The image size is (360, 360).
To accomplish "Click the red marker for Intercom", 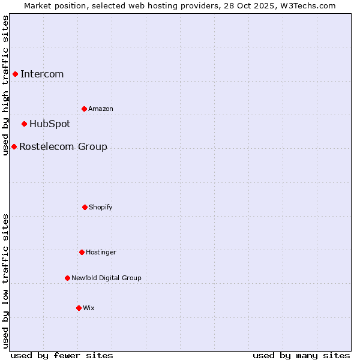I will click(15, 74).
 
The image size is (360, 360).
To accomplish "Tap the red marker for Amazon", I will click(84, 109).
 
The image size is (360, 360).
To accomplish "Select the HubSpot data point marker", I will click(24, 124).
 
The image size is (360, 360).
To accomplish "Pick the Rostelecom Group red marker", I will click(14, 146).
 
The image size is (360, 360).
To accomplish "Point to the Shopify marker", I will click(85, 207).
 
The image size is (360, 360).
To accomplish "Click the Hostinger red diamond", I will click(82, 252).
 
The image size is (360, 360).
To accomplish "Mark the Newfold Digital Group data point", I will click(67, 278).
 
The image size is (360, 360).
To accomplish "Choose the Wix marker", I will click(79, 308).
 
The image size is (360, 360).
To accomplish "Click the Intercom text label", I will click(42, 74).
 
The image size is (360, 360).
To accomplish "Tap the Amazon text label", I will click(101, 109).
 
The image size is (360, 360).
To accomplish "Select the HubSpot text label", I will click(50, 124).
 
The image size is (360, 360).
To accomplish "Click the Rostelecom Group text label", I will click(63, 147).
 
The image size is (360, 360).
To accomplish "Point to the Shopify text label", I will click(101, 207).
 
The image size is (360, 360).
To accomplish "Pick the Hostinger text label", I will click(101, 252).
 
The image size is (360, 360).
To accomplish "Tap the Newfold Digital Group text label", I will click(106, 278).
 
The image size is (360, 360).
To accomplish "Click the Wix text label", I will click(89, 308).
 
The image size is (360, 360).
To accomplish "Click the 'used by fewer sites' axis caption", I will click(62, 355).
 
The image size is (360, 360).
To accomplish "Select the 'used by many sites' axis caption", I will click(301, 355).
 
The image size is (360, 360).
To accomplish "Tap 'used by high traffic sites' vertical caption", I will click(5, 85).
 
